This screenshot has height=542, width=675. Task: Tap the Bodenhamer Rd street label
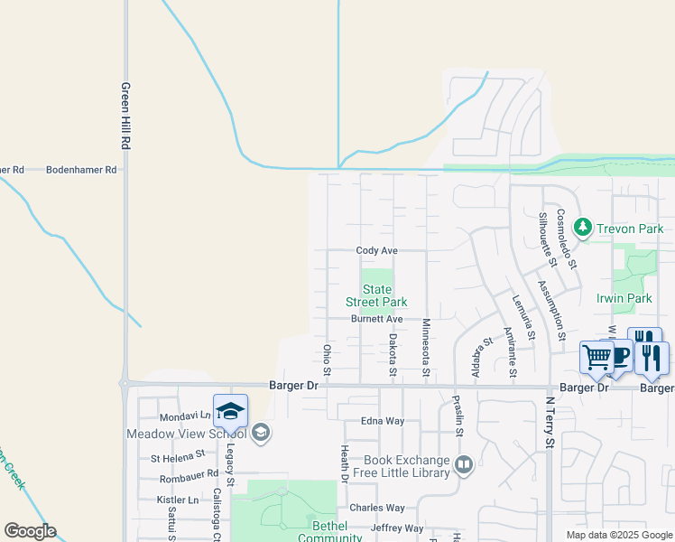(81, 169)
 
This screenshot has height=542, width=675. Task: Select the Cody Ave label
(376, 250)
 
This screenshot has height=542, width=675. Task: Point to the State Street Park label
(376, 295)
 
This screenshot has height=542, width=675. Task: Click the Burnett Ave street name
(376, 319)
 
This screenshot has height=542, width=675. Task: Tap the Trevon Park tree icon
(583, 227)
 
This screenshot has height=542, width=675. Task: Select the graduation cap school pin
(230, 411)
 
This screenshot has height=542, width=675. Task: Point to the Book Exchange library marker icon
(464, 465)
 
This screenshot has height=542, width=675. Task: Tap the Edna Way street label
(383, 420)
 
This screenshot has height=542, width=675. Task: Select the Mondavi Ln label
(184, 417)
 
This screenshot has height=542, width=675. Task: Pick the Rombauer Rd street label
(189, 473)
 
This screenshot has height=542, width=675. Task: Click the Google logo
(30, 531)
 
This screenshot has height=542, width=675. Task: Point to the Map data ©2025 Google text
(618, 535)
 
